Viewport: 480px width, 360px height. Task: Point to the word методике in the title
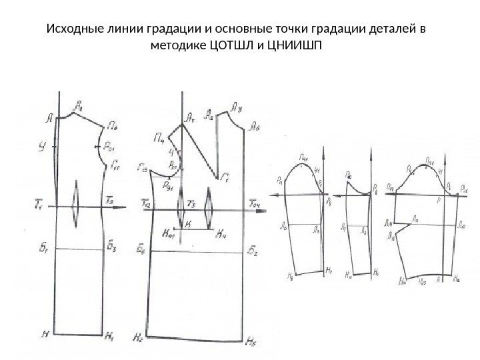[181, 47]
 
